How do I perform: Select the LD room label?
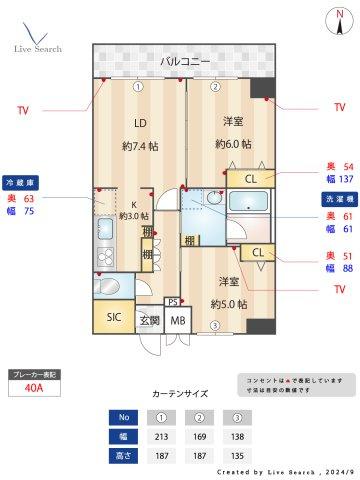pos(140,125)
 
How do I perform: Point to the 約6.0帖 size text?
pos(233,144)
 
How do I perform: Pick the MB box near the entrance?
pos(177,321)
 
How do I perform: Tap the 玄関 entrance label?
pos(149,321)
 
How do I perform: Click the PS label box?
pos(173,302)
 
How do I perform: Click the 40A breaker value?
pos(33,389)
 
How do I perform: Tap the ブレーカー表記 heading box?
pos(33,373)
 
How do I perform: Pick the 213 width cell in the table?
pos(161,436)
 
